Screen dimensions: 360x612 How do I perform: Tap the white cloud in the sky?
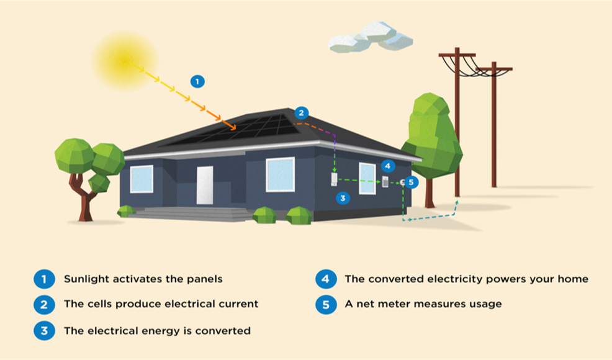point(371,37)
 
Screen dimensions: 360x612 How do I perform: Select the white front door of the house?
point(205,185)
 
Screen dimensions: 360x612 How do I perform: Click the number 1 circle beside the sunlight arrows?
point(197,81)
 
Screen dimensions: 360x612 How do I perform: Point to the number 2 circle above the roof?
point(302,113)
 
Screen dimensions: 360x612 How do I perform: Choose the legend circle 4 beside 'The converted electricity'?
point(326,279)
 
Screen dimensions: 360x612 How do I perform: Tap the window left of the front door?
point(142,179)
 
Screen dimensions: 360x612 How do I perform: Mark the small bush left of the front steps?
point(126,211)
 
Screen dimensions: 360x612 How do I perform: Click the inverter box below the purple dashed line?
point(334,180)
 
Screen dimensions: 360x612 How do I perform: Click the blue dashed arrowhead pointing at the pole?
point(457,202)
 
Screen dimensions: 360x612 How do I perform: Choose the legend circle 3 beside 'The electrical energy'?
point(45,330)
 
